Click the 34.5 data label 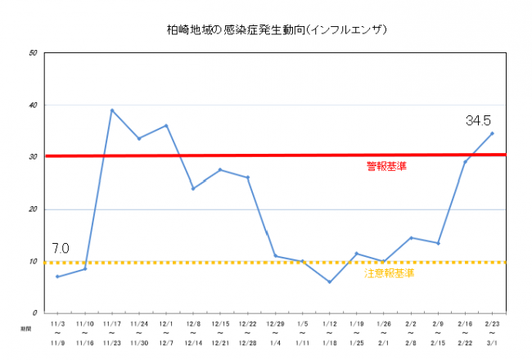(479, 120)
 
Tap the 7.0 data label (60, 248)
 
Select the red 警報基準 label (386, 166)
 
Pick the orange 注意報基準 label (389, 272)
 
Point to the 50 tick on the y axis (33, 53)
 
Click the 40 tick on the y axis (33, 106)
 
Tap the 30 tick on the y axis (33, 157)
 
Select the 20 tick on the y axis (33, 209)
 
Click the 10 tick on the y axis (33, 262)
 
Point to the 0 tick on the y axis (35, 313)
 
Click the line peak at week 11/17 (112, 110)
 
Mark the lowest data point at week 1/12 (329, 282)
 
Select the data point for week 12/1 (166, 125)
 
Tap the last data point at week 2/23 (492, 133)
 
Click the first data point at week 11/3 (57, 277)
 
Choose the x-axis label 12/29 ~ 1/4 (275, 334)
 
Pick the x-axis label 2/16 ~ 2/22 (465, 334)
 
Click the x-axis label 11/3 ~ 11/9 (57, 334)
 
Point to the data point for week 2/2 (411, 237)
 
